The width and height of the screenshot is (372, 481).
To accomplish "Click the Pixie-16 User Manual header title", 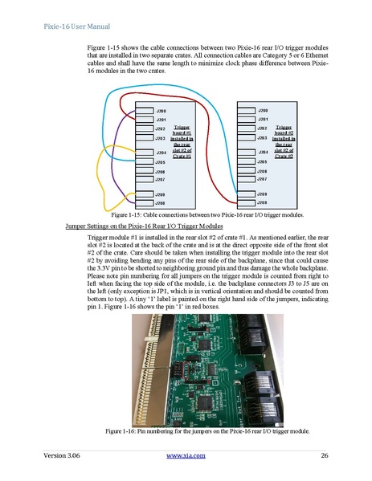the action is (x=77, y=26).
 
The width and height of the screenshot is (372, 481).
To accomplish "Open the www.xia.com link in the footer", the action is (x=186, y=455).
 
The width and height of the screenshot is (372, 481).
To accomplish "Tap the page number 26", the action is (x=325, y=455).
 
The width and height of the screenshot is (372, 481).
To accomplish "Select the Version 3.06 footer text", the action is (x=61, y=455).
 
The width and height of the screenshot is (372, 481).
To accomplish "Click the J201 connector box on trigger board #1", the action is (x=145, y=120).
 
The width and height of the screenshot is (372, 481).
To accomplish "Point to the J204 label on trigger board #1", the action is (x=161, y=153).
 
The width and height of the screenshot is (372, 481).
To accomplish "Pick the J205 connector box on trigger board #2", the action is (x=246, y=161).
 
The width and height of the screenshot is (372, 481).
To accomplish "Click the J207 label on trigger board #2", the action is (x=262, y=179).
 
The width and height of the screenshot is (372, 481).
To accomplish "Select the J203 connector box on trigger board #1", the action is (x=145, y=137).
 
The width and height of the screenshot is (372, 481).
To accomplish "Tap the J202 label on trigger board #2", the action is (x=263, y=128).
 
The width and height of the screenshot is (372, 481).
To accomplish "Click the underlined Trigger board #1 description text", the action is (x=182, y=141).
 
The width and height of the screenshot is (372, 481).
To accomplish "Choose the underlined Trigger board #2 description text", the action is (x=284, y=141).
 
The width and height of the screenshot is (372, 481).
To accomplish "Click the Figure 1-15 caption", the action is (x=207, y=214).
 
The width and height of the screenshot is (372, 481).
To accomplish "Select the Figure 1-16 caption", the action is (x=207, y=431).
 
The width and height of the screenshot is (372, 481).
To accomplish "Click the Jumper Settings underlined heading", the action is (x=144, y=226).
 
